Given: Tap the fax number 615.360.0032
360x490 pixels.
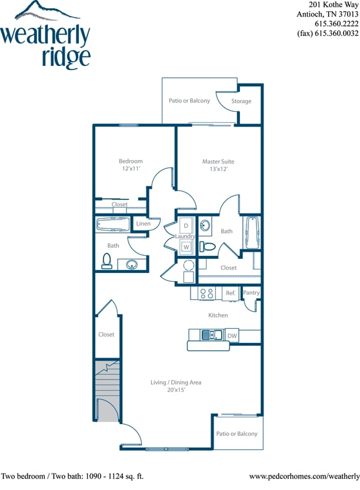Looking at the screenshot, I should tap(328, 34).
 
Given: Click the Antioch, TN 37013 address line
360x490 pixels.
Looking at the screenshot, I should tap(328, 14).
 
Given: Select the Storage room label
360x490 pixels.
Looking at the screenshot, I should tap(241, 101).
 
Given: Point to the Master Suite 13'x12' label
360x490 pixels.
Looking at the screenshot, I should tap(214, 165).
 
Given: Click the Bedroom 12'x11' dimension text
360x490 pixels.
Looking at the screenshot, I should tap(131, 169).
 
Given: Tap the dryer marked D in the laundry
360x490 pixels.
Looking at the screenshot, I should tap(186, 225).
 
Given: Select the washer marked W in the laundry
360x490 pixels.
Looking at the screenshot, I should tap(186, 247).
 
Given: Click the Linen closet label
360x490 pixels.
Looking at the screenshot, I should tap(144, 224).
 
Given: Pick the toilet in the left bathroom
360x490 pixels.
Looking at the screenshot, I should tap(107, 261).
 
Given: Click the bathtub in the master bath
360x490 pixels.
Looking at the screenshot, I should tap(251, 233).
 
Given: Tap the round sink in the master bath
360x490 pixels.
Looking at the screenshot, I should tap(205, 225).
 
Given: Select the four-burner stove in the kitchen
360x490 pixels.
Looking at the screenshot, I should tap(206, 293).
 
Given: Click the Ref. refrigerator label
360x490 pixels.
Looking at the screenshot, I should tap(231, 293).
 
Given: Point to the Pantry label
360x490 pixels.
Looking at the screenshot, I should tap(251, 292).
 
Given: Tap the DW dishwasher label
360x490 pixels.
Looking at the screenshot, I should tap(232, 336).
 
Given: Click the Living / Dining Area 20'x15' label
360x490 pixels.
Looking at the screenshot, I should tap(176, 386).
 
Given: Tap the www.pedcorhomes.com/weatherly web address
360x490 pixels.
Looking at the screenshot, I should tap(304, 475).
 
